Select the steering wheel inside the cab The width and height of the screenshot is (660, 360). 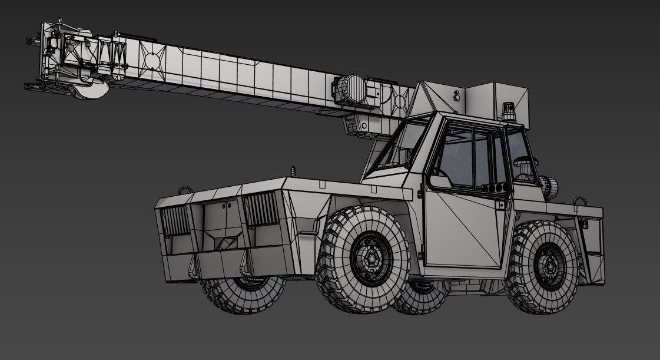point(439,174)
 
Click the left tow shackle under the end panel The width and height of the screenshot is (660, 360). point(192,268)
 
